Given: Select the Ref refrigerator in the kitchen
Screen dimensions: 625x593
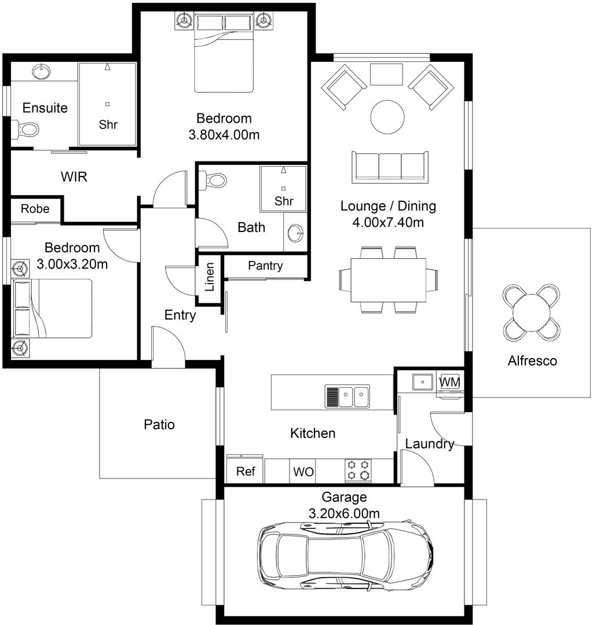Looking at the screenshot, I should tap(246, 472).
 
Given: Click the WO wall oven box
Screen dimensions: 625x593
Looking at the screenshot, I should tap(303, 472).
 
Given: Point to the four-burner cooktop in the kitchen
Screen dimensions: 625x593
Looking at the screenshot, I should tap(358, 470).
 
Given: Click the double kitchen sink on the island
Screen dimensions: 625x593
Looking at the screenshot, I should tap(347, 397).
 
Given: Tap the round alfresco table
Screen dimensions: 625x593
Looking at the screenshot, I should tap(531, 312).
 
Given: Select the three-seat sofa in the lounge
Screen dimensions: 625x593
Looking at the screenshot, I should tap(390, 167).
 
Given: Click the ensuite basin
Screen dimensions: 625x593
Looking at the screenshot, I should tap(41, 72).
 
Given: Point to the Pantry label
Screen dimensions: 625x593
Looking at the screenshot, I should tap(265, 266).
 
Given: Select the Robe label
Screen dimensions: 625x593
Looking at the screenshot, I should tap(35, 209).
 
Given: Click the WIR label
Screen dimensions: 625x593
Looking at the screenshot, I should tap(74, 177).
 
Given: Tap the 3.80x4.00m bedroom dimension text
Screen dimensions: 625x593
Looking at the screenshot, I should tap(224, 135).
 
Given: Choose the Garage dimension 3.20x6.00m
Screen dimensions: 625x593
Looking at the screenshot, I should tap(344, 513).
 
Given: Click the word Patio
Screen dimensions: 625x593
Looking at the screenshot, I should tap(159, 425).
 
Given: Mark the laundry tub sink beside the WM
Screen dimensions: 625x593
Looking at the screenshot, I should tap(422, 382).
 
